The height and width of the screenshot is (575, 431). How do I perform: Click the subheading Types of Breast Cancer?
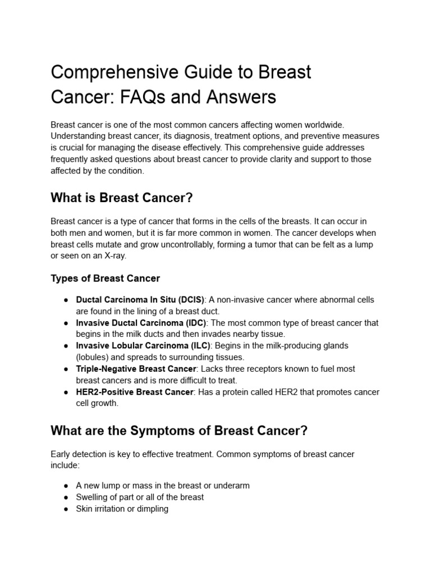pyautogui.click(x=105, y=279)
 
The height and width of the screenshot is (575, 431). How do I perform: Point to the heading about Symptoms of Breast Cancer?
pyautogui.click(x=179, y=431)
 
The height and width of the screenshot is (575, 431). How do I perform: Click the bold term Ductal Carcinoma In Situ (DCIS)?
pyautogui.click(x=140, y=300)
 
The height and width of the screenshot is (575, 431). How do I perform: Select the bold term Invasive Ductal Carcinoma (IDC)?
pyautogui.click(x=141, y=323)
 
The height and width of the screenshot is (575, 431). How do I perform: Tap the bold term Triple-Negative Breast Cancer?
pyautogui.click(x=136, y=369)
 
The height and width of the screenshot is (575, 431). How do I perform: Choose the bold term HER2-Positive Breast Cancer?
pyautogui.click(x=134, y=392)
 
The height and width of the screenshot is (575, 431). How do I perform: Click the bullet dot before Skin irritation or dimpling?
pyautogui.click(x=66, y=509)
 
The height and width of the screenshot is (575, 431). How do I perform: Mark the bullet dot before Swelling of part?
pyautogui.click(x=66, y=498)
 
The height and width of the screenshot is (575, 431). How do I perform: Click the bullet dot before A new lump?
pyautogui.click(x=66, y=486)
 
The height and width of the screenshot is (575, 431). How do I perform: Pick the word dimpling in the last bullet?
pyautogui.click(x=152, y=509)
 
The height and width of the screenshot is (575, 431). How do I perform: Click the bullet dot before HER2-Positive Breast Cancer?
pyautogui.click(x=66, y=392)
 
